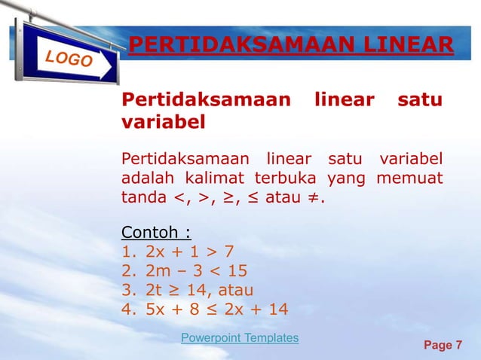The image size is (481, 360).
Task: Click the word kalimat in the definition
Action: (x=217, y=178)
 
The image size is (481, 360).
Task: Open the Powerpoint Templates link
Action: (x=240, y=338)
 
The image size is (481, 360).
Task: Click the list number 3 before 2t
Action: (x=127, y=290)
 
